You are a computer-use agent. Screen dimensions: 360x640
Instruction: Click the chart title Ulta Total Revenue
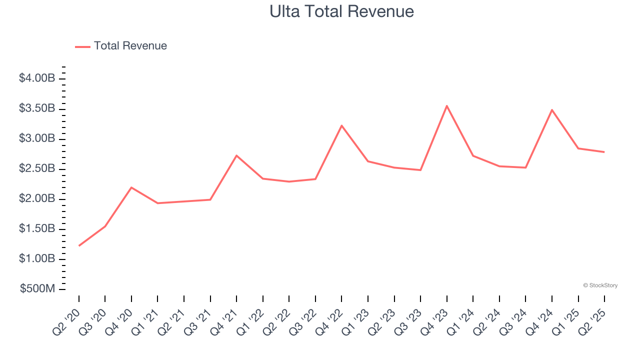[341, 11]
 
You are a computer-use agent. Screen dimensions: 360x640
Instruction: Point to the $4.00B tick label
[37, 78]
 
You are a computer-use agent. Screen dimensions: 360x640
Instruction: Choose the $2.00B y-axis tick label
[37, 199]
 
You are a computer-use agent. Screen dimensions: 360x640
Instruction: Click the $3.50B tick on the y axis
[37, 108]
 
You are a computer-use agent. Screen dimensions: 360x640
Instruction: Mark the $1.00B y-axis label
[37, 259]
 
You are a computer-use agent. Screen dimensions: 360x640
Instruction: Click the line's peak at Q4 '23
[446, 105]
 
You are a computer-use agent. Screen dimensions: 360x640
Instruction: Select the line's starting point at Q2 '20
[79, 245]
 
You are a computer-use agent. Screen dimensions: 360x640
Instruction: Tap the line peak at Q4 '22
[341, 125]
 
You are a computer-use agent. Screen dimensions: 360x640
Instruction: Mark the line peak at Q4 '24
[551, 109]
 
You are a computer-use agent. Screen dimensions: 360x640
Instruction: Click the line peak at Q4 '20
[131, 187]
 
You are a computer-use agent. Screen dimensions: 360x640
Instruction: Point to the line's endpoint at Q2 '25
[604, 152]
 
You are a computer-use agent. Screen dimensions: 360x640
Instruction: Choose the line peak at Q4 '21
[236, 155]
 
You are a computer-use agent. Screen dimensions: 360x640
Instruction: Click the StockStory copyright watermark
[600, 285]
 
